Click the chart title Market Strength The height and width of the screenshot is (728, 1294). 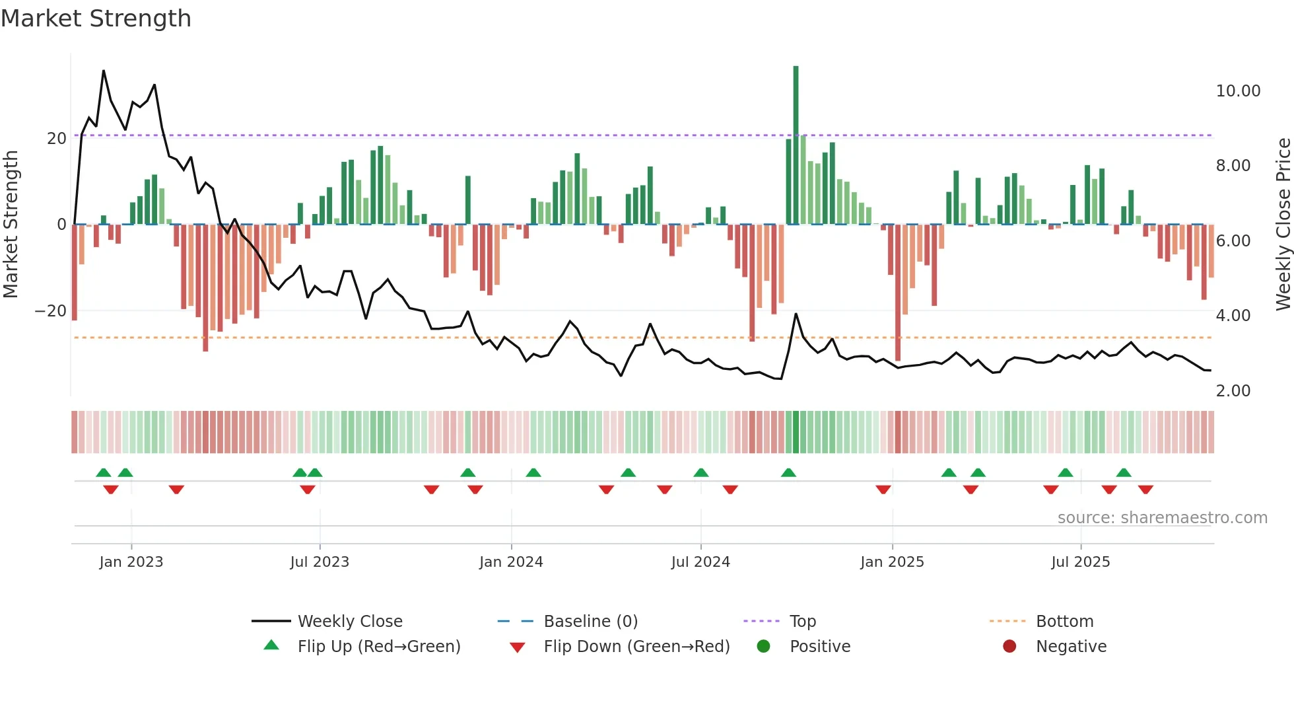(x=96, y=18)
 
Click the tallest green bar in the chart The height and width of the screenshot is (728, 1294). (x=796, y=145)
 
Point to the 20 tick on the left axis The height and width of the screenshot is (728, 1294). (x=57, y=138)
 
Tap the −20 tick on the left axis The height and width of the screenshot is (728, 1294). (x=51, y=310)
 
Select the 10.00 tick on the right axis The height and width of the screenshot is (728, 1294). (x=1238, y=91)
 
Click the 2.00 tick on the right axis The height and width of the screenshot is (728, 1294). (x=1233, y=390)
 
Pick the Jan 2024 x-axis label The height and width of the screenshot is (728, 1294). (x=511, y=562)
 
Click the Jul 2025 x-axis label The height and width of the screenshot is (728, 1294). (x=1080, y=562)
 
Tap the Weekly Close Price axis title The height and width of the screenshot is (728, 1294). (x=1283, y=224)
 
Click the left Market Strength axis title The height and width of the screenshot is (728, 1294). (x=11, y=224)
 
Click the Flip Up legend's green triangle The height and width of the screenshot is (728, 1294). (x=271, y=645)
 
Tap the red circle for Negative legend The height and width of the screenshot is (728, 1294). (x=1009, y=646)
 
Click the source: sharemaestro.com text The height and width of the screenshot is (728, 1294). (x=1162, y=517)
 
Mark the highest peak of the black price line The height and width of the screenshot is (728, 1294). (x=104, y=71)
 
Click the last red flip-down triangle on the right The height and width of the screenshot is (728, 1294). (x=1145, y=490)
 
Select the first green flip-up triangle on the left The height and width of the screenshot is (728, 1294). (x=104, y=472)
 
